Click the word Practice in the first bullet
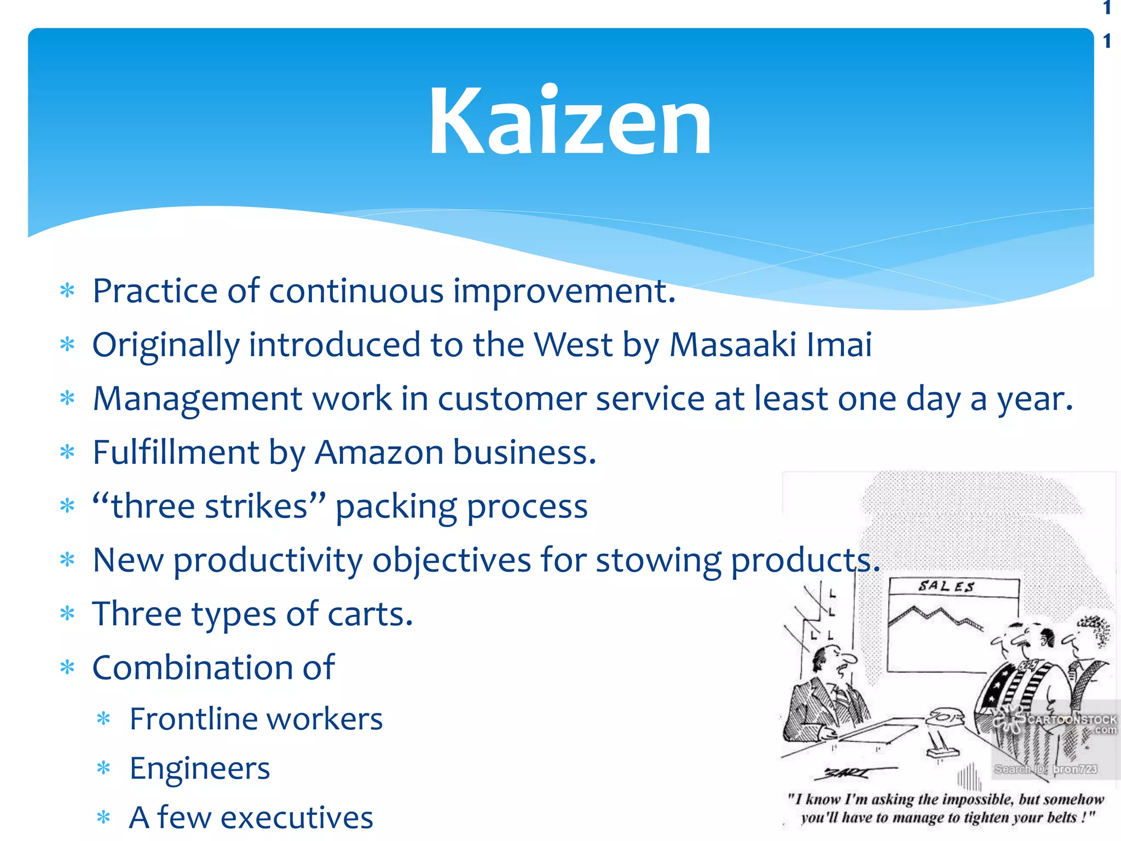tap(155, 291)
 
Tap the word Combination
tap(189, 668)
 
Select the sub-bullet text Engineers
tap(200, 768)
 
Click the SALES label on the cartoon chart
tap(946, 586)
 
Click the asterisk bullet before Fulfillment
tap(67, 452)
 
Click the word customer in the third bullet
tap(512, 399)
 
